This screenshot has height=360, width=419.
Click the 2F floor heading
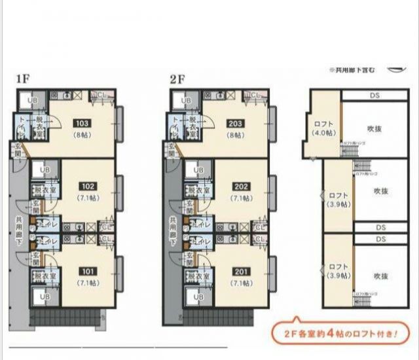(178, 79)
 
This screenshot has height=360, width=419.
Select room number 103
(82, 123)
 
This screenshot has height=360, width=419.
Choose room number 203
(236, 123)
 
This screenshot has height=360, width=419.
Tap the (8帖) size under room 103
(82, 134)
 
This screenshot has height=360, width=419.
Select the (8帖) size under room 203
(236, 134)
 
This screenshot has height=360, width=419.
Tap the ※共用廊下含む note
(352, 69)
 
